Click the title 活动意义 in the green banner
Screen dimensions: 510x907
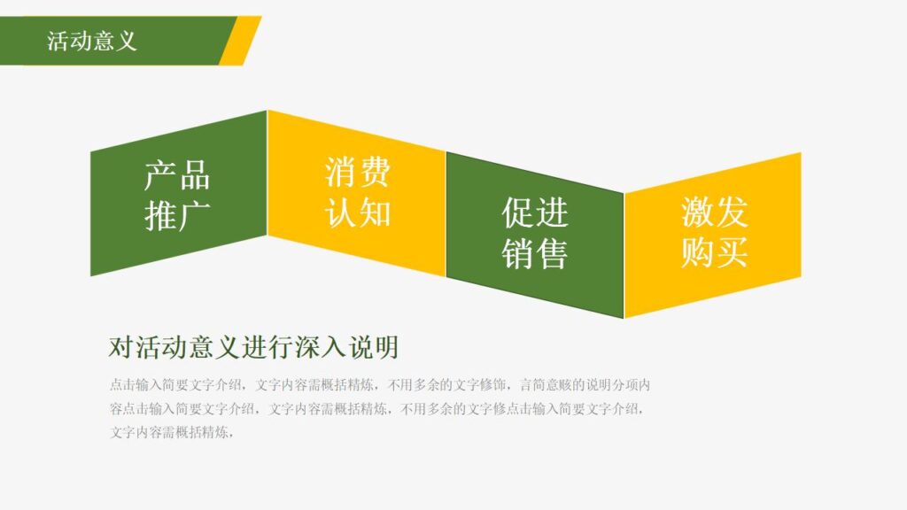(x=92, y=41)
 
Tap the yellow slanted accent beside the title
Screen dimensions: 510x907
(x=241, y=41)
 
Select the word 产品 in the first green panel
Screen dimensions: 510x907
(x=177, y=175)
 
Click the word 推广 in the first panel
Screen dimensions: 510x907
(x=177, y=216)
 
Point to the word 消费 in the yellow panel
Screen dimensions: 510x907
(x=357, y=172)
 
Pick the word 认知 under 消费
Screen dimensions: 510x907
(x=357, y=212)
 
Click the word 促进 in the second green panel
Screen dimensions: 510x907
(x=535, y=212)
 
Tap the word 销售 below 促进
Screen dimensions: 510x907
(x=535, y=254)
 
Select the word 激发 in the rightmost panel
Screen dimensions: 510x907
(x=714, y=212)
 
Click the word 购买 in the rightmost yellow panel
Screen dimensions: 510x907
(x=714, y=253)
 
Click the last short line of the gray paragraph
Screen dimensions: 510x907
(x=172, y=433)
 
